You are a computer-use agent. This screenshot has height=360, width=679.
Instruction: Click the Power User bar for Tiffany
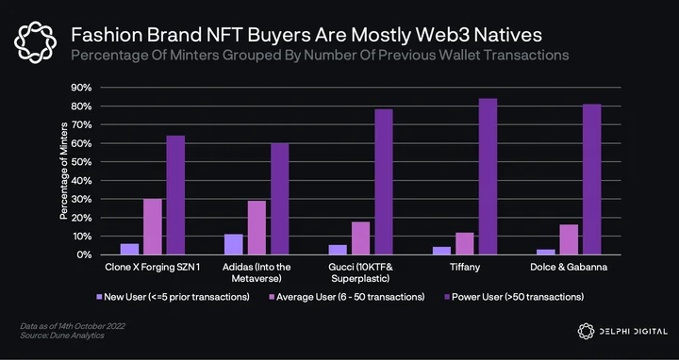pos(488,176)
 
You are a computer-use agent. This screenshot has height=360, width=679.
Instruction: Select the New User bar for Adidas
pos(234,244)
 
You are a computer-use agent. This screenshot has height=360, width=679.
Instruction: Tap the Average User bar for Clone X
pos(153,227)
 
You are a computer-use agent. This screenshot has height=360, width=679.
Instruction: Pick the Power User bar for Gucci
pos(384,182)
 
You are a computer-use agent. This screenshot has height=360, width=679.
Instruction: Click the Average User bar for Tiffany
pos(465,243)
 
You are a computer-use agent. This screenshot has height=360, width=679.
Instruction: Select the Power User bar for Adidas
pos(280,199)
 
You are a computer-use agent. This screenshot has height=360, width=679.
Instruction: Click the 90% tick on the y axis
pos(81,88)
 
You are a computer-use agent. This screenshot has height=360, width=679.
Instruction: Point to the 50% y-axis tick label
pos(81,162)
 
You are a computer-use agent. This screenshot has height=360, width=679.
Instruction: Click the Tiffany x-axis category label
pos(465,267)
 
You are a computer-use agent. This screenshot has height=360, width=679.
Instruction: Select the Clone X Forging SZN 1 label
pos(153,267)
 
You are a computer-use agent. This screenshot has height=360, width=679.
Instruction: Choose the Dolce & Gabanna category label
pos(569,267)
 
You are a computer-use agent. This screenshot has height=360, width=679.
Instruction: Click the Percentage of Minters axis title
pos(64,171)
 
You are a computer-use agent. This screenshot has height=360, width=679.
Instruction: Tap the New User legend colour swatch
pos(99,297)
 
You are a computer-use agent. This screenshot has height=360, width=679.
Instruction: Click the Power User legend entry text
pos(518,297)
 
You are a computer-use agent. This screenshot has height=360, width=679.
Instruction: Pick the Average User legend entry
pos(347,297)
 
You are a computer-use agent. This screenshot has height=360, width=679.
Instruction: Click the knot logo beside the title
pos(35,42)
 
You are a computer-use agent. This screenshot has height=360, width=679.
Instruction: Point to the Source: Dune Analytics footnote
pos(62,335)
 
